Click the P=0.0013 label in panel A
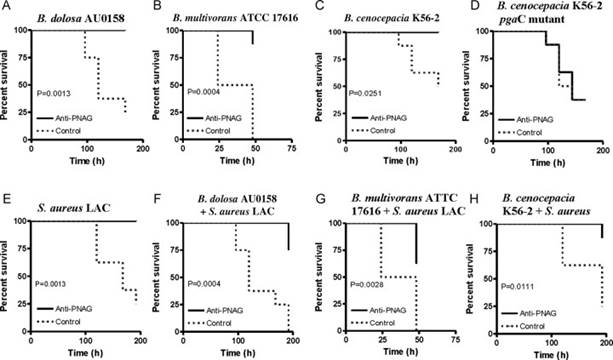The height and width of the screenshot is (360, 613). click(x=54, y=93)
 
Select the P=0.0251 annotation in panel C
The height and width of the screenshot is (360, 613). click(x=365, y=93)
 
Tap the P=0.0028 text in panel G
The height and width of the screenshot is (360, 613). click(x=367, y=285)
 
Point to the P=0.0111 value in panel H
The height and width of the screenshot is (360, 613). click(x=518, y=287)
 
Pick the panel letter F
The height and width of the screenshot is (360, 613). click(x=158, y=199)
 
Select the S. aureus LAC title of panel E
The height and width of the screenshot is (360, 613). click(x=74, y=208)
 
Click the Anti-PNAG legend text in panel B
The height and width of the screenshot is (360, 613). click(x=224, y=118)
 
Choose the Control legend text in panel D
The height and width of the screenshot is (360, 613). click(x=529, y=133)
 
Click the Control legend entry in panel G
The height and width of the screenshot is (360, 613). click(x=382, y=323)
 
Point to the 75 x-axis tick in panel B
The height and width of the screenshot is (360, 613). click(x=291, y=149)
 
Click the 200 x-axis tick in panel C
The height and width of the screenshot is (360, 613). click(x=455, y=149)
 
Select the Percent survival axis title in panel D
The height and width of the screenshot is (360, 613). click(x=466, y=86)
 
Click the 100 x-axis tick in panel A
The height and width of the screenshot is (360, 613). click(x=87, y=149)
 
